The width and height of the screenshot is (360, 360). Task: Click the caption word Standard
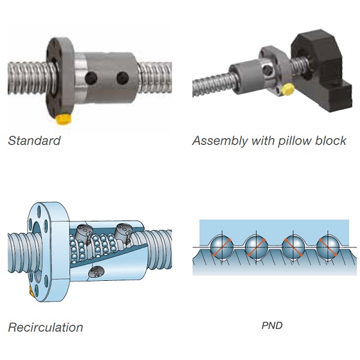coord(34,140)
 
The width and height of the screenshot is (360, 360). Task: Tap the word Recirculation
coord(46,327)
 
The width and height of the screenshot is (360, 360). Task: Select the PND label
coord(272,325)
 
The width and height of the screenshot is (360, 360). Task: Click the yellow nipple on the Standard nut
coord(64,119)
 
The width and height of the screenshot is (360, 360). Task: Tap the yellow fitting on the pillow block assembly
coord(289,89)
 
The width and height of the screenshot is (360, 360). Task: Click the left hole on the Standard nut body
coord(91,78)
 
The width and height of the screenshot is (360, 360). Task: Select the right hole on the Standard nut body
coord(122,78)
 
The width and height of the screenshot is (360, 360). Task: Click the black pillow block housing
coord(322,71)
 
